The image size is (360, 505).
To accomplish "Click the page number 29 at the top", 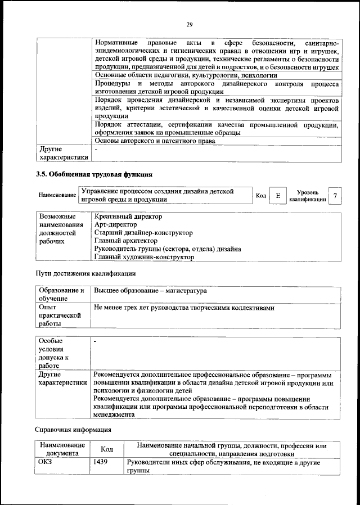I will pyautogui.click(x=190, y=24).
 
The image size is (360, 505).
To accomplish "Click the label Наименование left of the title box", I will pyautogui.click(x=57, y=195).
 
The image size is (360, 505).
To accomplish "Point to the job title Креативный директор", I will pyautogui.click(x=128, y=216).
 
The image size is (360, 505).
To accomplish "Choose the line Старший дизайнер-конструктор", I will pyautogui.click(x=143, y=232).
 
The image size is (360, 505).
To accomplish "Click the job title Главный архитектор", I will pyautogui.click(x=126, y=241).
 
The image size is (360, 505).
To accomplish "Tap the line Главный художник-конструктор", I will pyautogui.click(x=145, y=257).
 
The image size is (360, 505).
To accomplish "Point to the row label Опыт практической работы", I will pyautogui.click(x=60, y=315).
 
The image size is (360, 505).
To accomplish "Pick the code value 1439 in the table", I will pyautogui.click(x=101, y=462).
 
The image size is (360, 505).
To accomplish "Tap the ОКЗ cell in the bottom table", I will pyautogui.click(x=46, y=462).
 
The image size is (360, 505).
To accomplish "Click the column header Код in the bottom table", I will pyautogui.click(x=106, y=449).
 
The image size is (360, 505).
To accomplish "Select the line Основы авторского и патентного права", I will pyautogui.click(x=155, y=141).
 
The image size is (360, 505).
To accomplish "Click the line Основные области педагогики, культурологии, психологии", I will pyautogui.click(x=186, y=75).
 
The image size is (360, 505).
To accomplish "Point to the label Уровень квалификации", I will pyautogui.click(x=308, y=196).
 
